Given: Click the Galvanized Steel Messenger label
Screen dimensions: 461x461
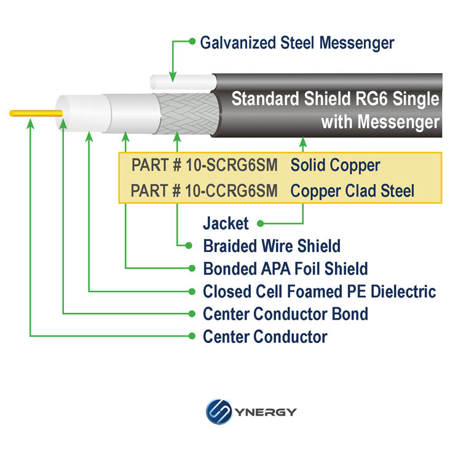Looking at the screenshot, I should click(x=297, y=43).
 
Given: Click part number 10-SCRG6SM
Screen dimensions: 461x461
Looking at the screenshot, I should click(x=205, y=165).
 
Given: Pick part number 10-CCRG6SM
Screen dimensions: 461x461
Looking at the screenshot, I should click(x=204, y=191).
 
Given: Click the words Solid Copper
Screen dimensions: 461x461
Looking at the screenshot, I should click(x=335, y=165).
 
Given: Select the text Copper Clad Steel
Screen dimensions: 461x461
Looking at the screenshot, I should click(x=352, y=191).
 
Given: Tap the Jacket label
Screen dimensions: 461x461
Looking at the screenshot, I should click(x=226, y=224).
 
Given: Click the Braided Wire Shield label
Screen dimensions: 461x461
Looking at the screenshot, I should click(x=272, y=246).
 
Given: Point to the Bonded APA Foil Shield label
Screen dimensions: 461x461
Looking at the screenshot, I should click(x=285, y=269).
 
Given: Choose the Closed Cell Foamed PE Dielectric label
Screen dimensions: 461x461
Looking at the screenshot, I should click(x=319, y=291).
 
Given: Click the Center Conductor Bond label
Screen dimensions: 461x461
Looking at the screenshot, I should click(x=285, y=314).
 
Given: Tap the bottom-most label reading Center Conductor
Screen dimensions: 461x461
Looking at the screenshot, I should click(x=265, y=337).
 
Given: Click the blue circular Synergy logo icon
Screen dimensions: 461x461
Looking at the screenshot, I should click(x=218, y=411).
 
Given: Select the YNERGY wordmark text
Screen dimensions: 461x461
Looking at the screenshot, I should click(x=265, y=412).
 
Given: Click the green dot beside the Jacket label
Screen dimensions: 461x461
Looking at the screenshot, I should click(x=261, y=224).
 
